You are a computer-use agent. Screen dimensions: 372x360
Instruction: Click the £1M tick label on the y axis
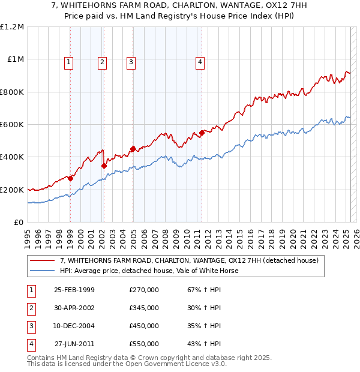tap(16, 59)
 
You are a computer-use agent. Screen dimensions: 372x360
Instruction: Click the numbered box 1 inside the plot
tap(69, 61)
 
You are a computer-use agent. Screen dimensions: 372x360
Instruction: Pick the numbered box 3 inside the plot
tap(131, 61)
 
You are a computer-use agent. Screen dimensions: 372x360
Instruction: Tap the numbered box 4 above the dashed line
tap(200, 61)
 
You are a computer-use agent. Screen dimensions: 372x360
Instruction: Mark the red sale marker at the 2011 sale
tap(202, 133)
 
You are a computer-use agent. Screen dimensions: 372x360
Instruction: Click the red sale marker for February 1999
tap(71, 178)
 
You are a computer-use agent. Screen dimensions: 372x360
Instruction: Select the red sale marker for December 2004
tap(133, 149)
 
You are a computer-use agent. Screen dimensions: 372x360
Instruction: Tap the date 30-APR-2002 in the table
tap(74, 308)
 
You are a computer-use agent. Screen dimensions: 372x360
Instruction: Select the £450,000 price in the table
tap(144, 326)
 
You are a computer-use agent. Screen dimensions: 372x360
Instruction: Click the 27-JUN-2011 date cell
tap(74, 344)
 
